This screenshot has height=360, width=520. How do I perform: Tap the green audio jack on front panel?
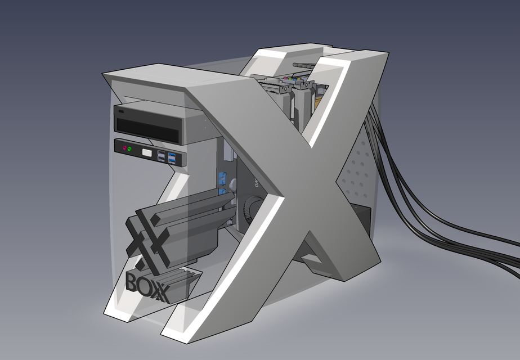pyautogui.click(x=130, y=149)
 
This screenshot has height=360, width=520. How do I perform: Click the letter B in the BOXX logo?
pyautogui.click(x=133, y=281)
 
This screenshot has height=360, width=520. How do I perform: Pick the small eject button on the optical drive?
pyautogui.click(x=122, y=113)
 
